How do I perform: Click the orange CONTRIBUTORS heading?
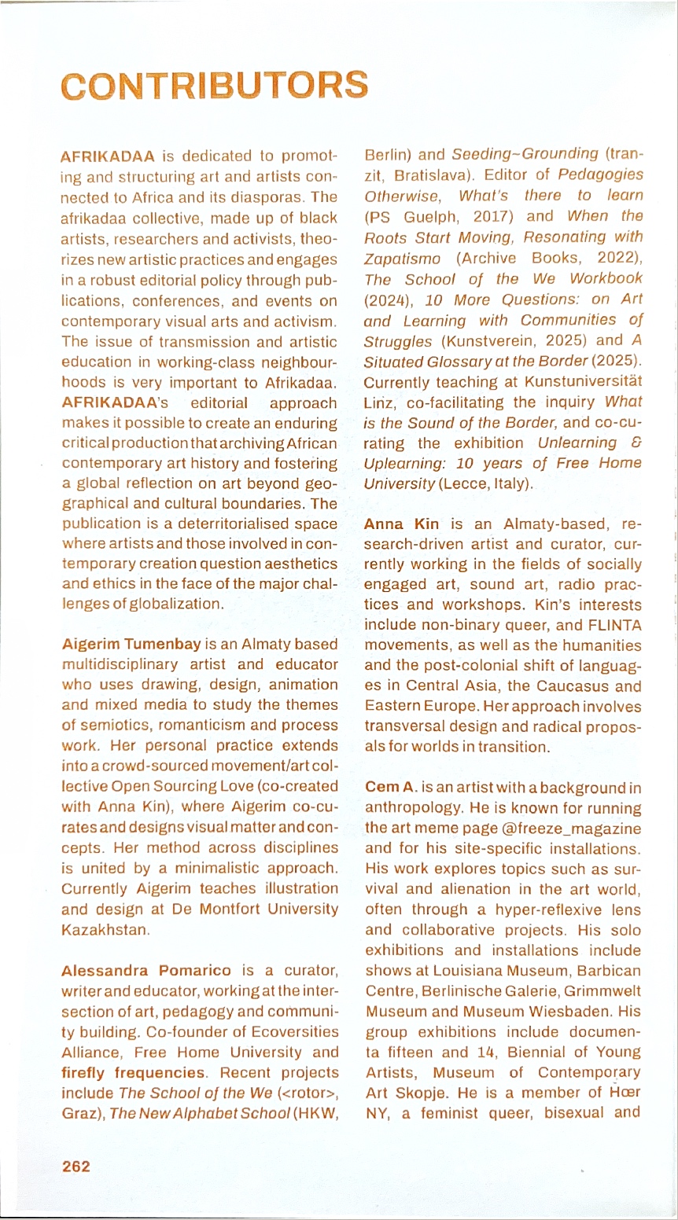click(x=214, y=85)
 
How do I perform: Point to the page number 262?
click(x=76, y=1166)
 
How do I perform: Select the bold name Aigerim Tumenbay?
click(x=131, y=644)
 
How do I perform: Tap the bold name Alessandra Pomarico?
click(x=146, y=971)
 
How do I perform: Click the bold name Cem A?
click(x=391, y=787)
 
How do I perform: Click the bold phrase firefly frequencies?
click(x=134, y=1073)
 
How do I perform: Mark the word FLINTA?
click(x=614, y=626)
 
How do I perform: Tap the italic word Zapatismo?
click(x=402, y=258)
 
